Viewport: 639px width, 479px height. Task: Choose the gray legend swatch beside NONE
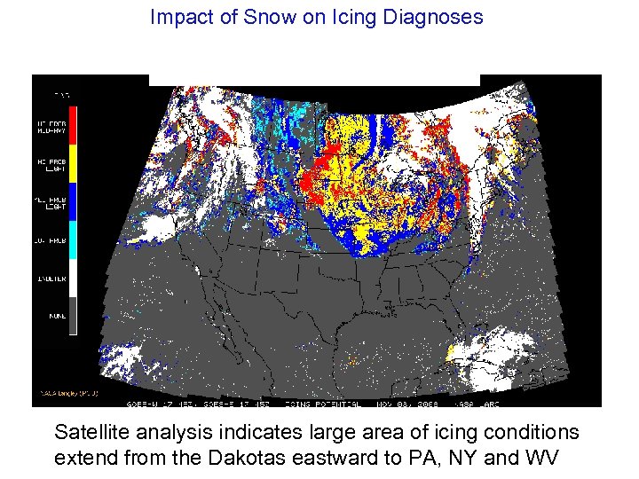[x=73, y=316]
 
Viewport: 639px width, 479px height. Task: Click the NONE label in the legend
[x=56, y=315]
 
